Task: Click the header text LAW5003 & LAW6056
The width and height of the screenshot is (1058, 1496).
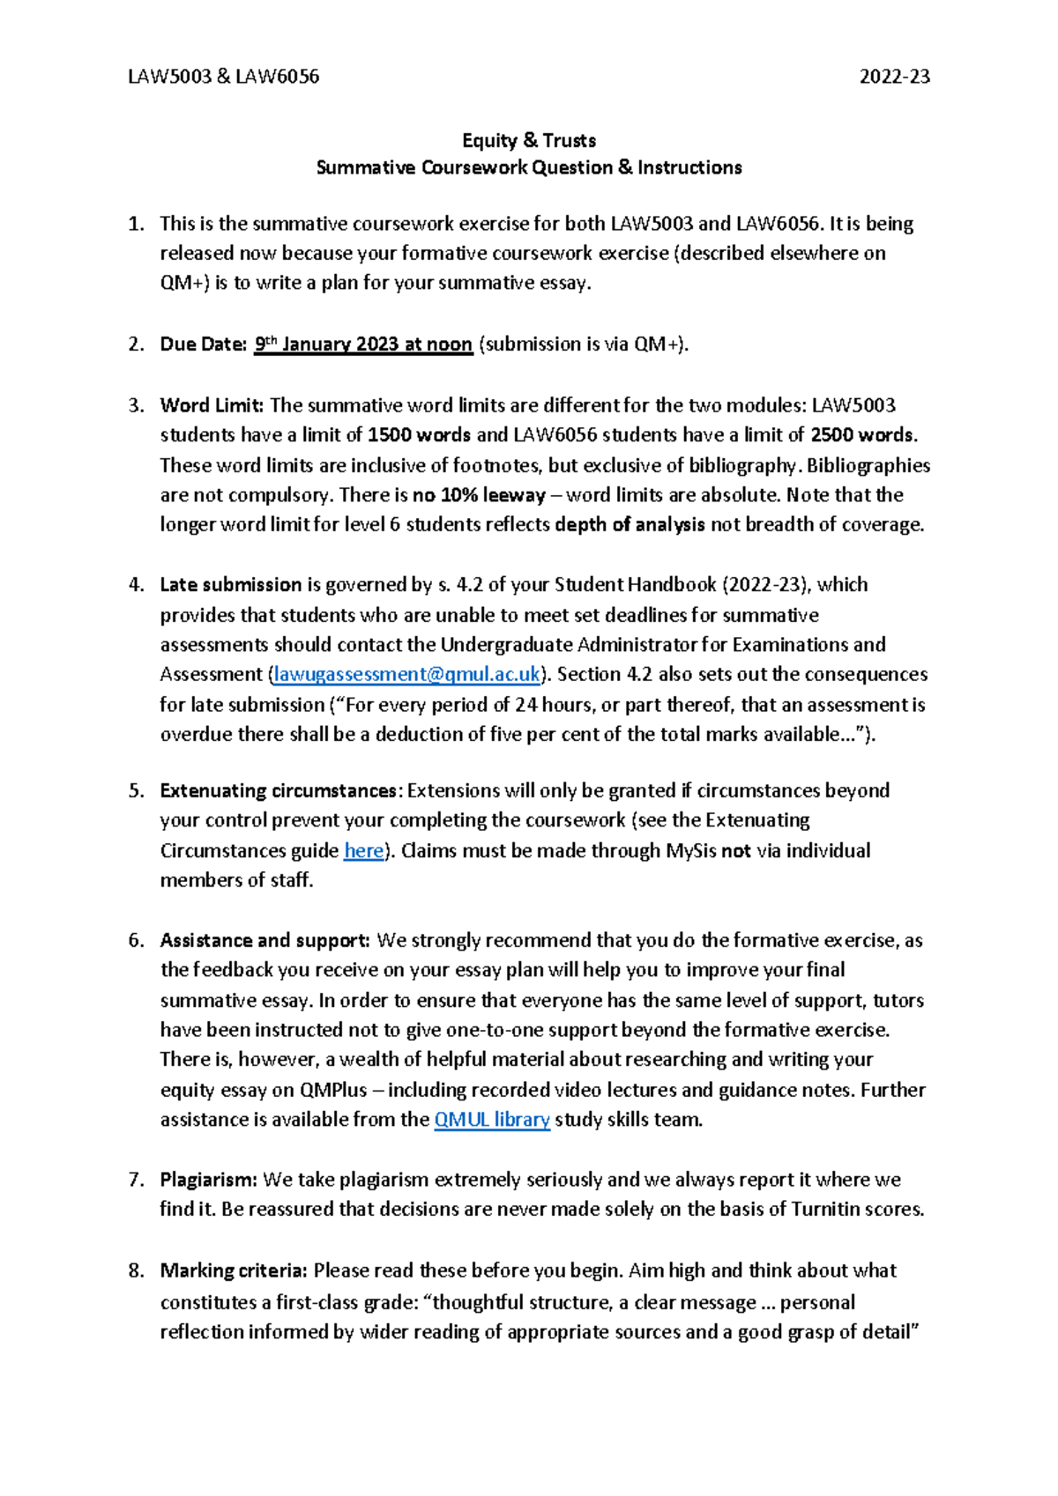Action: (223, 77)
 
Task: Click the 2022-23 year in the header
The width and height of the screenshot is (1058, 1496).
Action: (894, 77)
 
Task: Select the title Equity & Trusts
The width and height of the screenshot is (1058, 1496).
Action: (529, 140)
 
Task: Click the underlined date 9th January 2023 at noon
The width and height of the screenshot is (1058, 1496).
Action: (363, 344)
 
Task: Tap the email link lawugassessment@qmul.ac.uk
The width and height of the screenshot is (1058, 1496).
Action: (406, 675)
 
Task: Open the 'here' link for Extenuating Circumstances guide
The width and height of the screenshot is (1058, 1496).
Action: (363, 851)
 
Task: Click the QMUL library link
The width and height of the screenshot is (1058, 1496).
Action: (492, 1120)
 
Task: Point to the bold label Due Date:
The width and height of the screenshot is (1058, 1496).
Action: (203, 344)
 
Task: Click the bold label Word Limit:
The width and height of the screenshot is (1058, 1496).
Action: (212, 405)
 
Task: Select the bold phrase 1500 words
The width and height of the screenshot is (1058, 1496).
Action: (419, 435)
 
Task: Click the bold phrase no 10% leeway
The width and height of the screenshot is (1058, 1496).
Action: (479, 495)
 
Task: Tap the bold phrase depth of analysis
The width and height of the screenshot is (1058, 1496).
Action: (630, 525)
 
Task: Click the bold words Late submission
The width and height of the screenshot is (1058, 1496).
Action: (231, 585)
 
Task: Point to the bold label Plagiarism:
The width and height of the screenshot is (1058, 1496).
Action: (208, 1180)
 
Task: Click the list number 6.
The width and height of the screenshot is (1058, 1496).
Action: (135, 941)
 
